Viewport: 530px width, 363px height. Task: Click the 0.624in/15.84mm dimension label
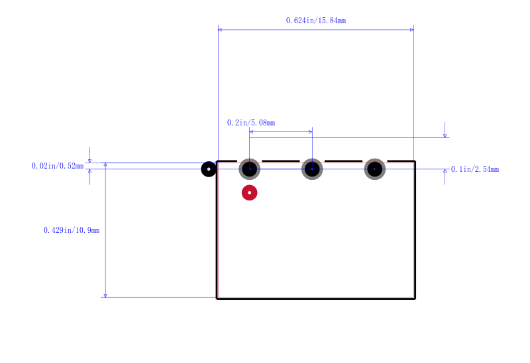pos(316,21)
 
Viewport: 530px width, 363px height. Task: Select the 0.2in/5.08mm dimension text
pos(251,123)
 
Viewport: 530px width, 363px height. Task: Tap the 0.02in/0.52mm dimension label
pos(58,166)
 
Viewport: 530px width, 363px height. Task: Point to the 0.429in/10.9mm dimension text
pos(72,230)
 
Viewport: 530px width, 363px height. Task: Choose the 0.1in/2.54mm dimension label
pos(475,169)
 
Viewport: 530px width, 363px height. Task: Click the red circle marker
pos(250,192)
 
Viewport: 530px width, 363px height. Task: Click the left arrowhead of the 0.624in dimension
pos(220,30)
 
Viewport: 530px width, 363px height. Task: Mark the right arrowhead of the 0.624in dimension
pos(411,30)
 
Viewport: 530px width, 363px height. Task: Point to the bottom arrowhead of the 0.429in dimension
pos(105,295)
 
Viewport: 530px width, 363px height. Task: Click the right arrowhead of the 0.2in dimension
pos(310,131)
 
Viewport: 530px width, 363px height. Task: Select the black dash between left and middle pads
pos(280,161)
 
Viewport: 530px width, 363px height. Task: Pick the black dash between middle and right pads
pos(343,161)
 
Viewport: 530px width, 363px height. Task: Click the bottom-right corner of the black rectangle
pos(415,299)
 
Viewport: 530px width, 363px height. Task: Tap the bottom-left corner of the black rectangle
pos(217,299)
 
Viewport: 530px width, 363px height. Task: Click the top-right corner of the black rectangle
pos(415,161)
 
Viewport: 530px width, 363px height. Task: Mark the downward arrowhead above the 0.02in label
pos(89,161)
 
